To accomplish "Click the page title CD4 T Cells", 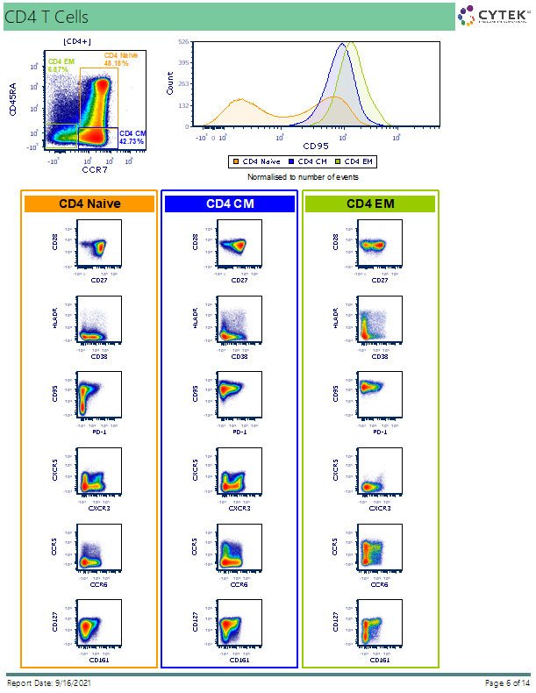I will (x=46, y=17).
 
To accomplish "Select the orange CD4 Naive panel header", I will (x=89, y=204).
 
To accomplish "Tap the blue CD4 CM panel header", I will (x=230, y=204).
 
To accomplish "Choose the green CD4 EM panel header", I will (x=370, y=204).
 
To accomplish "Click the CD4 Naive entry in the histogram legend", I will (x=260, y=161).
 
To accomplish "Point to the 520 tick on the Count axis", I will (x=183, y=41).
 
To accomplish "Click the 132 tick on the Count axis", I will (x=183, y=105).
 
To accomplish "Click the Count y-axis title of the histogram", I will (x=170, y=84).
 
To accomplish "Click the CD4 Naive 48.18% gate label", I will (x=117, y=60).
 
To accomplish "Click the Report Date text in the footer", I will (x=49, y=683).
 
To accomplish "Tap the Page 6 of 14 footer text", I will (x=507, y=683).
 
